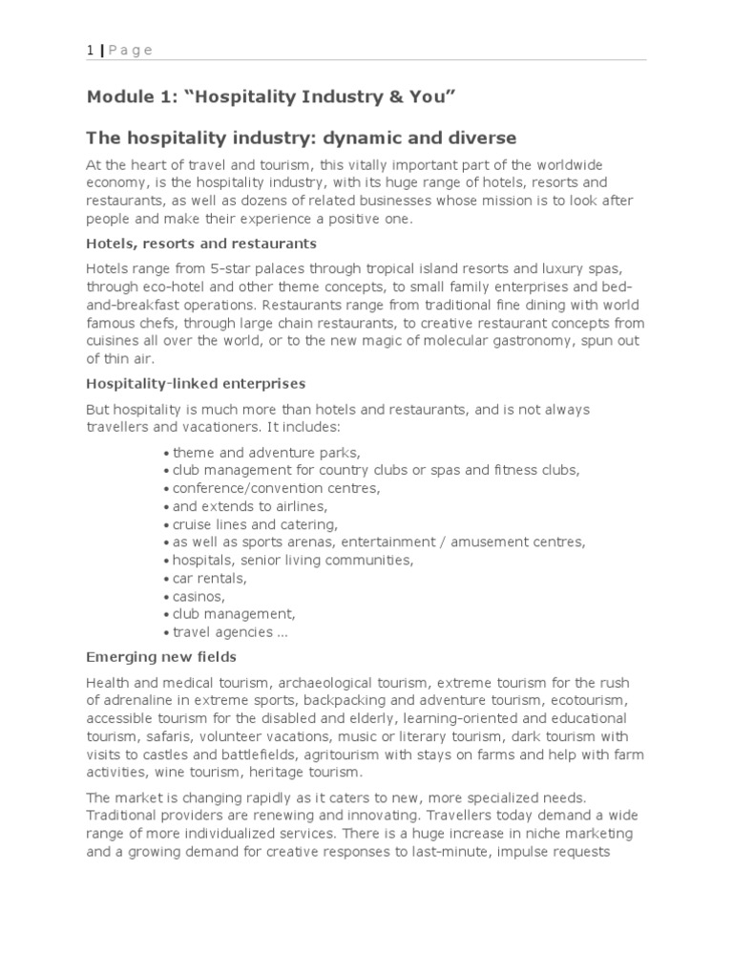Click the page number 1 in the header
pos(90,50)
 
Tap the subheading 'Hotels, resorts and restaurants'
pos(201,244)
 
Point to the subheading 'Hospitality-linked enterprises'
pos(196,383)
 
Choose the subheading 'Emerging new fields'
pos(161,657)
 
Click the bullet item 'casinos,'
pos(199,596)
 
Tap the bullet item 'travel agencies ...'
pos(230,632)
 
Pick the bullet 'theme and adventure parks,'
pos(266,452)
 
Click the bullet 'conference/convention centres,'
pos(276,488)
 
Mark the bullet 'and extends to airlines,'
pos(250,506)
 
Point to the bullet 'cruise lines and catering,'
pos(255,524)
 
